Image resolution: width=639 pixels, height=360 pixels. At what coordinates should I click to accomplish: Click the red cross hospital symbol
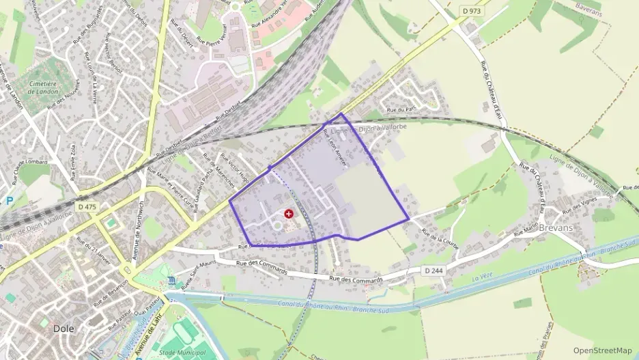[289, 214]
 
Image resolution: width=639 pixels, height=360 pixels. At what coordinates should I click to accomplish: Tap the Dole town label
[63, 329]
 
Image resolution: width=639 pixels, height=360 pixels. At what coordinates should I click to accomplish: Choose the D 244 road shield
[434, 271]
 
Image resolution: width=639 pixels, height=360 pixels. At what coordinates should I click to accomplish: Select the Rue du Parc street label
[401, 109]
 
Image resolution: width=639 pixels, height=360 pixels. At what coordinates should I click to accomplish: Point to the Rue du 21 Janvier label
[94, 253]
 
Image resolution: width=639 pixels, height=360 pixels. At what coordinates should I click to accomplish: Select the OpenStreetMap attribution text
[603, 350]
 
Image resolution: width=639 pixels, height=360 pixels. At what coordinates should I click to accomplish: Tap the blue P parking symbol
[9, 201]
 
